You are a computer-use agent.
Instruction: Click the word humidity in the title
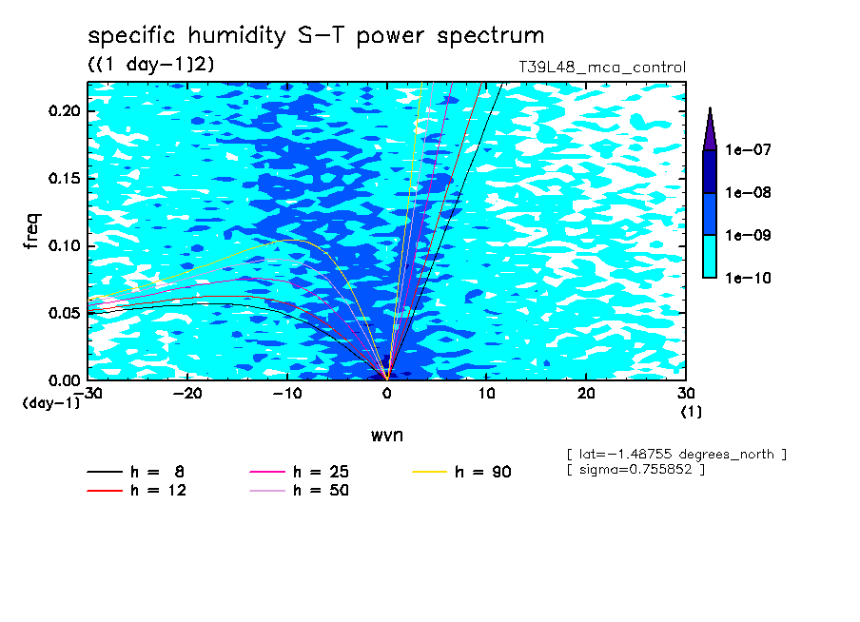[237, 36]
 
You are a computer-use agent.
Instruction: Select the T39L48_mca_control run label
[602, 68]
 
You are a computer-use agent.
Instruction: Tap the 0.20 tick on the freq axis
[64, 110]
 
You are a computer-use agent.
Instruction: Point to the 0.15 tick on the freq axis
[64, 178]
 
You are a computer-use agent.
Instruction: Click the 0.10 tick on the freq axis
[64, 245]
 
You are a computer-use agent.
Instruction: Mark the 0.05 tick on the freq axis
[64, 313]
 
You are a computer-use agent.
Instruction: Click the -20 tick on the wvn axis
[187, 394]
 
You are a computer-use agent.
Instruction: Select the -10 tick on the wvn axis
[287, 394]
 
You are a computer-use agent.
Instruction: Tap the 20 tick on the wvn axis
[586, 394]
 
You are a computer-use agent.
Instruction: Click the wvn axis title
[387, 436]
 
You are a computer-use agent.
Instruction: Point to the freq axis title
[31, 231]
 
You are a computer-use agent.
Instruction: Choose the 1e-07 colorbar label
[748, 149]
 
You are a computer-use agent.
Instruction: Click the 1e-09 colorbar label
[748, 235]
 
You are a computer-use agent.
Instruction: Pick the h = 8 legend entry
[135, 472]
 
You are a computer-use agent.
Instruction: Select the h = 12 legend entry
[137, 491]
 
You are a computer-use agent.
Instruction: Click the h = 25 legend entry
[300, 472]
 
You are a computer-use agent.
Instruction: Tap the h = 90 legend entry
[461, 472]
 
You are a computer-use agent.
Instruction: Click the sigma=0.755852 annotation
[636, 470]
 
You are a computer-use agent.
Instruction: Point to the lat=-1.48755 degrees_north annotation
[676, 455]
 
